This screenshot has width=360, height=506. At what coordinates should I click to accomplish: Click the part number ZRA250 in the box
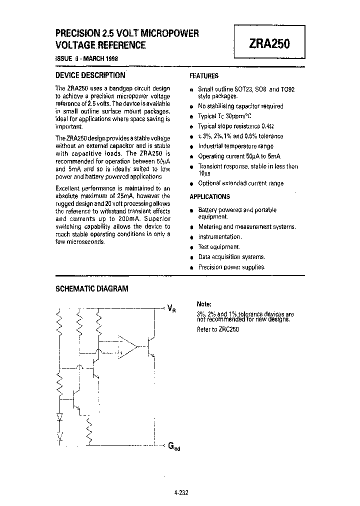tap(268, 43)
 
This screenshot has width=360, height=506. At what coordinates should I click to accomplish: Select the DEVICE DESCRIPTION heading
tap(89, 75)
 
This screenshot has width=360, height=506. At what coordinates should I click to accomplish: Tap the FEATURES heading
tap(204, 76)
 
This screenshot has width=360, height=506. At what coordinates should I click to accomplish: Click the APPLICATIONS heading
tap(210, 196)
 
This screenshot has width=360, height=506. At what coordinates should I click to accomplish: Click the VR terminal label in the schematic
tap(171, 308)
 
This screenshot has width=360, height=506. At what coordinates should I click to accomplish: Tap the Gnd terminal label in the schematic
tap(172, 446)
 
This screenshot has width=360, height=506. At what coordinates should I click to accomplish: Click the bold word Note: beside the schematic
tap(204, 304)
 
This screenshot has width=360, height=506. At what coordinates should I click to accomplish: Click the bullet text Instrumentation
tap(220, 237)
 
